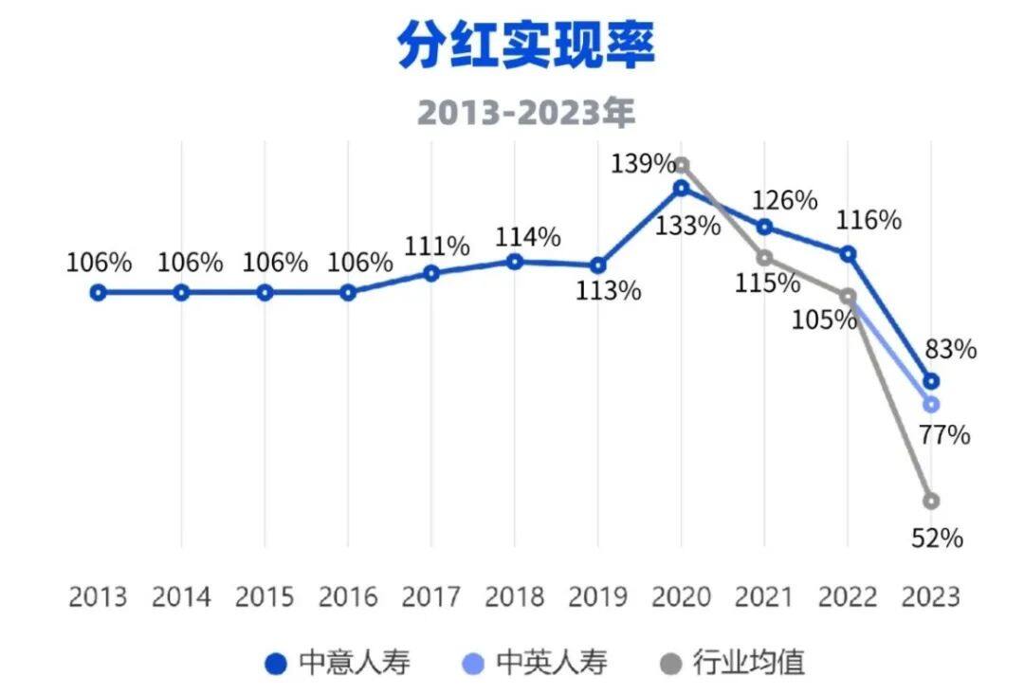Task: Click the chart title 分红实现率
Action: tap(525, 46)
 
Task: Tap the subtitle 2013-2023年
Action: tap(525, 113)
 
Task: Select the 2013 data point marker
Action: tap(98, 293)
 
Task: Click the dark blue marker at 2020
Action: tap(681, 189)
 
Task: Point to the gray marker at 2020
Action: tap(681, 165)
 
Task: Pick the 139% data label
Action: tap(641, 164)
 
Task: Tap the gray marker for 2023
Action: tap(931, 501)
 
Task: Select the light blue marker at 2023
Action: tap(931, 405)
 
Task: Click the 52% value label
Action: tap(937, 539)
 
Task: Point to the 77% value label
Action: tap(944, 436)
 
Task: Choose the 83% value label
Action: tap(950, 349)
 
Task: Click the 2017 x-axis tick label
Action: tap(431, 597)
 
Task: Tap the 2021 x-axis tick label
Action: tap(764, 597)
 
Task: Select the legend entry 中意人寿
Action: tap(340, 662)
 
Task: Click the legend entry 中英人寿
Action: tap(538, 662)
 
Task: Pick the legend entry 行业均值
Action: tap(733, 662)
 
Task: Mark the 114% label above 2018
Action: tap(527, 236)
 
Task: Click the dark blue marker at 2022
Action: tap(848, 254)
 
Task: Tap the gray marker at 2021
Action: tap(764, 258)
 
